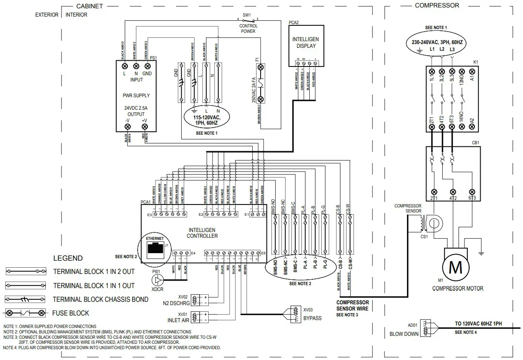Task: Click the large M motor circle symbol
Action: pos(456,267)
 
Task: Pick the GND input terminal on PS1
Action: pos(147,67)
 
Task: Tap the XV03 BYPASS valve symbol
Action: pos(296,313)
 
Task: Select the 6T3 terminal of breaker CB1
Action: pos(472,192)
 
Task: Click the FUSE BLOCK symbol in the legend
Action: pos(24,313)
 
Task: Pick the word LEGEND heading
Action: pos(68,258)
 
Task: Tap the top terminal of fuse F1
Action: pos(261,67)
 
